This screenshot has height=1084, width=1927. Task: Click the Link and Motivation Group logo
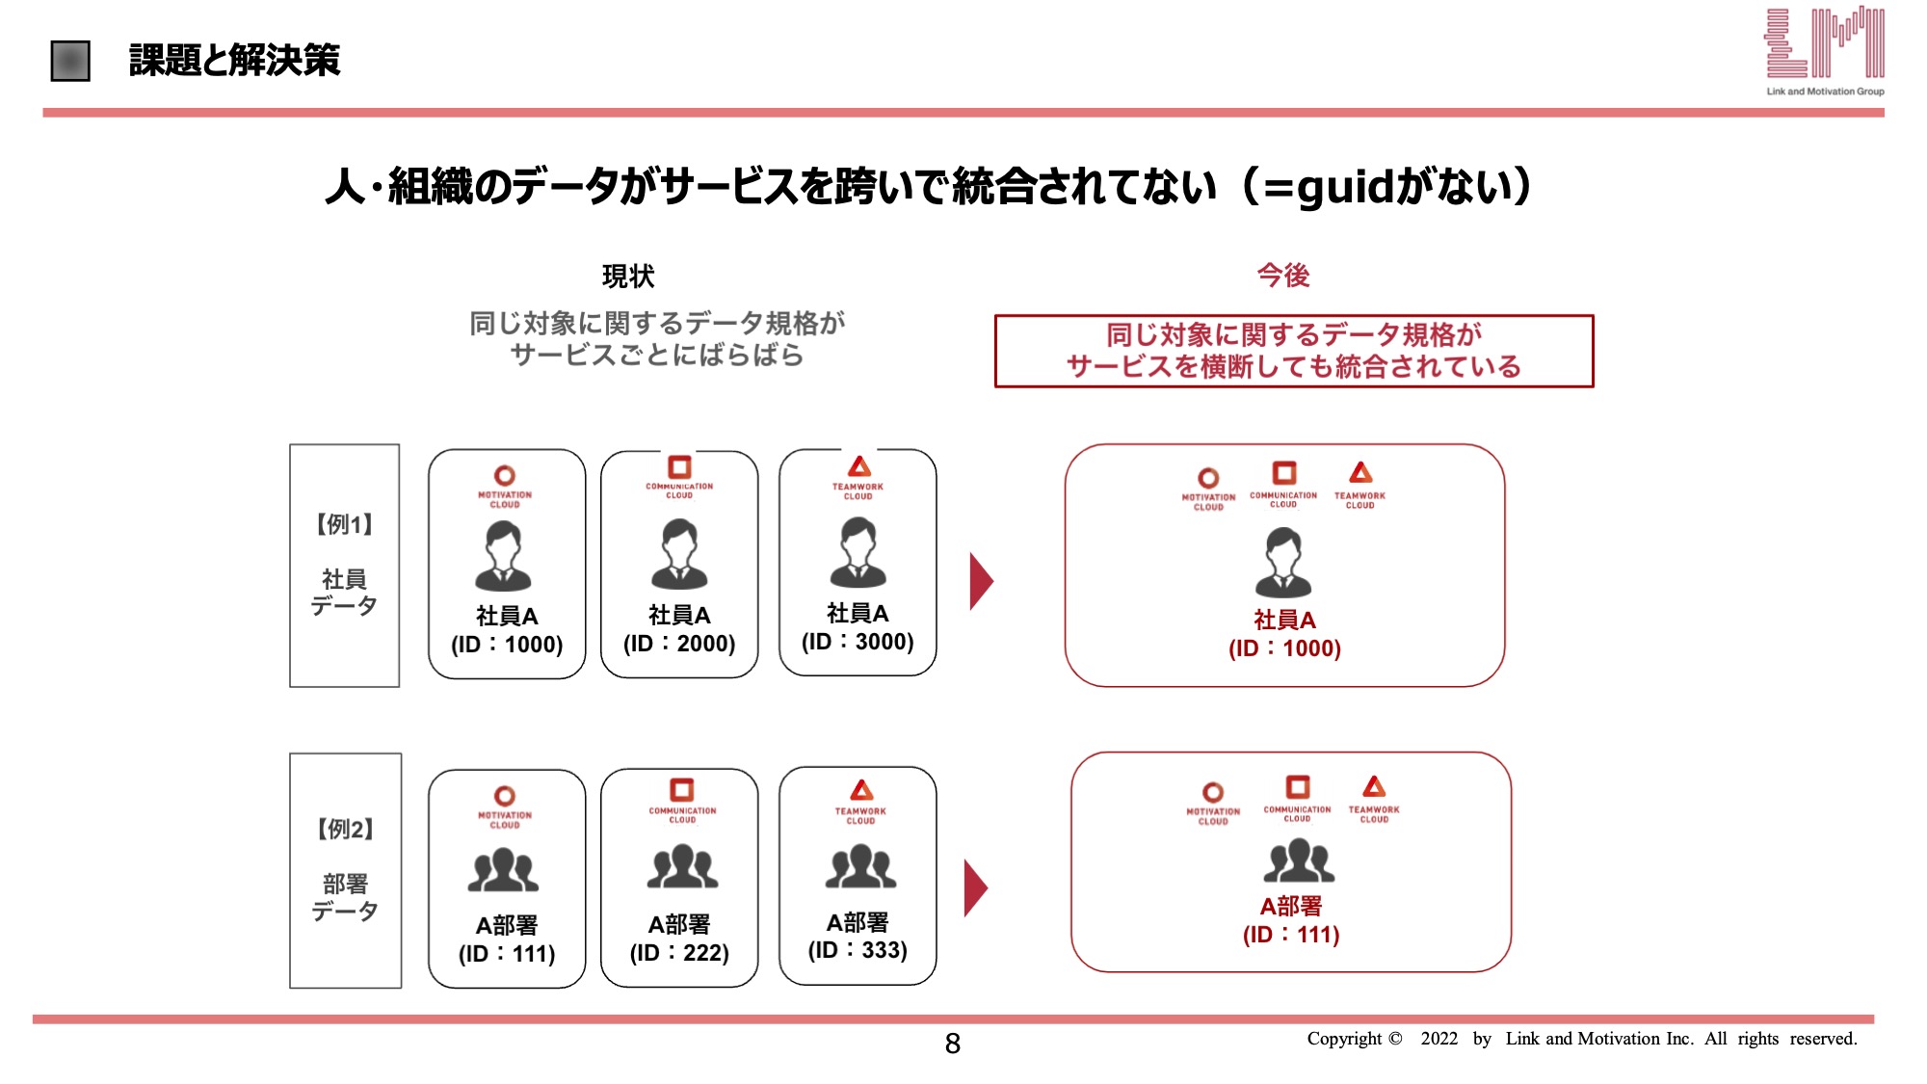pyautogui.click(x=1824, y=51)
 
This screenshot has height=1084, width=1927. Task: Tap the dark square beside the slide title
pyautogui.click(x=70, y=61)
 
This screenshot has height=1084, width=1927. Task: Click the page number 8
pyautogui.click(x=952, y=1044)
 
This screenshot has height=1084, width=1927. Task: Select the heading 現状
pyautogui.click(x=628, y=277)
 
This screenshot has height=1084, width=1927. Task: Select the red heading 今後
pyautogui.click(x=1283, y=276)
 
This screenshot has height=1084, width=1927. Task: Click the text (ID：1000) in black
pyautogui.click(x=507, y=645)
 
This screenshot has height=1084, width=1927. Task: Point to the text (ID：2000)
pyautogui.click(x=679, y=644)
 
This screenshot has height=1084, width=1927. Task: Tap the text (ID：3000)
pyautogui.click(x=858, y=642)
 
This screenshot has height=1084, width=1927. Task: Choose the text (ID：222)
pyautogui.click(x=679, y=953)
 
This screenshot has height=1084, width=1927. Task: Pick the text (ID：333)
pyautogui.click(x=858, y=950)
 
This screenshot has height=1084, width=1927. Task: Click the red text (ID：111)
pyautogui.click(x=1291, y=935)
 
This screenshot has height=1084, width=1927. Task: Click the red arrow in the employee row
pyautogui.click(x=981, y=581)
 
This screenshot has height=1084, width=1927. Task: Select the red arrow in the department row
pyautogui.click(x=975, y=888)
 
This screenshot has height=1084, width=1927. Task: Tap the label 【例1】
pyautogui.click(x=344, y=525)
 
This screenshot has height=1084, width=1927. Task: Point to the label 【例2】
pyautogui.click(x=345, y=830)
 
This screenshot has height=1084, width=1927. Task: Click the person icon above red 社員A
pyautogui.click(x=1283, y=562)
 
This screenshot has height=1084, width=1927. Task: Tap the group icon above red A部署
pyautogui.click(x=1299, y=860)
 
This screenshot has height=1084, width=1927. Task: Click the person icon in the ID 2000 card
pyautogui.click(x=679, y=554)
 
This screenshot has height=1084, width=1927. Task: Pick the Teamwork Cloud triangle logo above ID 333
pyautogui.click(x=861, y=790)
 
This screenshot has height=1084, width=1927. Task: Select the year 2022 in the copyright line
pyautogui.click(x=1439, y=1039)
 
